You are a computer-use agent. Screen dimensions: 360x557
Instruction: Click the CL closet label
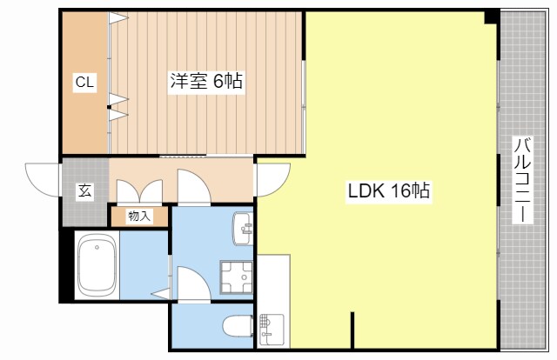[x=84, y=83]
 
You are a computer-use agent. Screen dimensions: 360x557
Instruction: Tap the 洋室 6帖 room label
[x=205, y=83]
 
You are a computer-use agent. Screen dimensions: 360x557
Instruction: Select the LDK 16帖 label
[x=392, y=190]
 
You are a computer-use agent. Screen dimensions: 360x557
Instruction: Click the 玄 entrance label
[x=85, y=191]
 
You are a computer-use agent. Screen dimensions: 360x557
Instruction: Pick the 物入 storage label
[x=138, y=216]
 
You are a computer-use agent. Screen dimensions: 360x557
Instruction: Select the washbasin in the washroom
[x=243, y=230]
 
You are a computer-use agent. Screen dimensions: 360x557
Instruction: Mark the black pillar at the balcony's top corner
[x=492, y=17]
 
